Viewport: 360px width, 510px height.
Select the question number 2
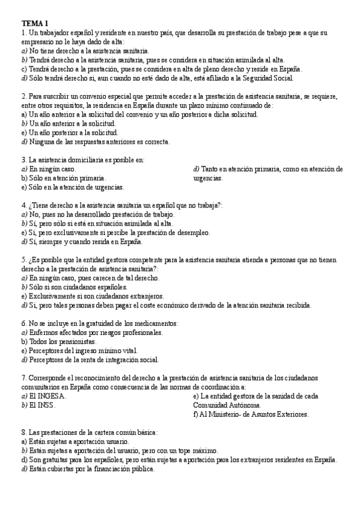pyautogui.click(x=22, y=96)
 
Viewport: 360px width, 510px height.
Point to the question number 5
pyautogui.click(x=22, y=260)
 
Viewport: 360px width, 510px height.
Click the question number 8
pyautogui.click(x=22, y=432)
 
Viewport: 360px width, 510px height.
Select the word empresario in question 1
pyautogui.click(x=39, y=41)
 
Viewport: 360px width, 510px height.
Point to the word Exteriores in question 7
pyautogui.click(x=290, y=414)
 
